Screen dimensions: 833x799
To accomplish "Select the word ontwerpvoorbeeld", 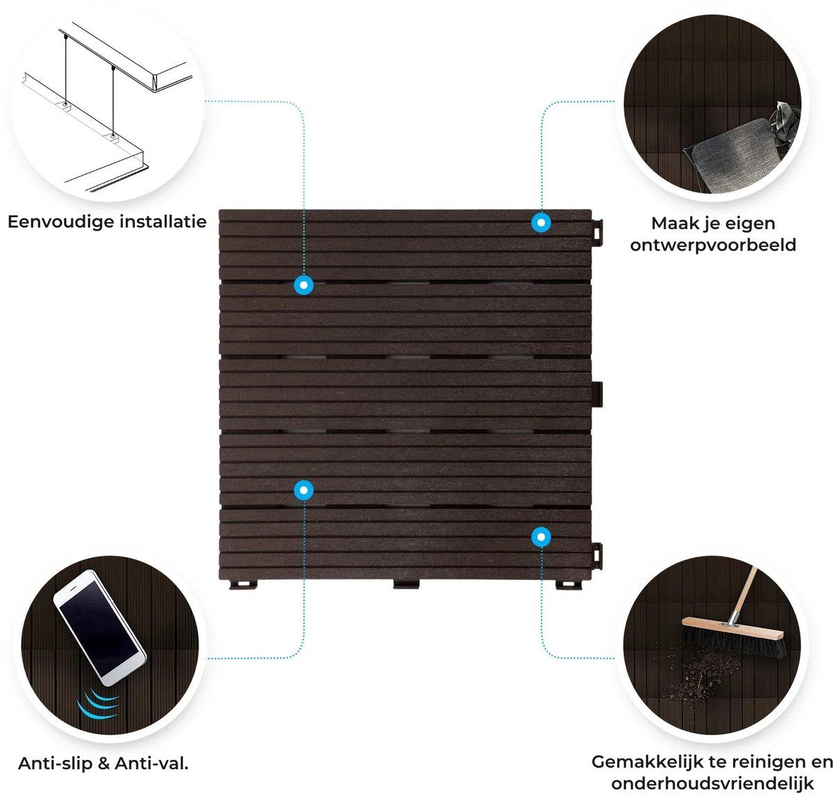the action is (x=713, y=246).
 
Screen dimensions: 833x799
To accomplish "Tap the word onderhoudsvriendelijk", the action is (x=712, y=784).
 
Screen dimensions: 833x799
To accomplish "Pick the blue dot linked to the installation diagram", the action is (x=303, y=285).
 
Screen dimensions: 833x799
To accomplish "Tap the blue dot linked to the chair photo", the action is (x=541, y=223).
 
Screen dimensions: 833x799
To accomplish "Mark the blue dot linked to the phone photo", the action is (x=303, y=490).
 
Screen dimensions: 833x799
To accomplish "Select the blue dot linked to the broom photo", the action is (x=541, y=536).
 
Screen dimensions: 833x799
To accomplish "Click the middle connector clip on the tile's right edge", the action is (x=597, y=394).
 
